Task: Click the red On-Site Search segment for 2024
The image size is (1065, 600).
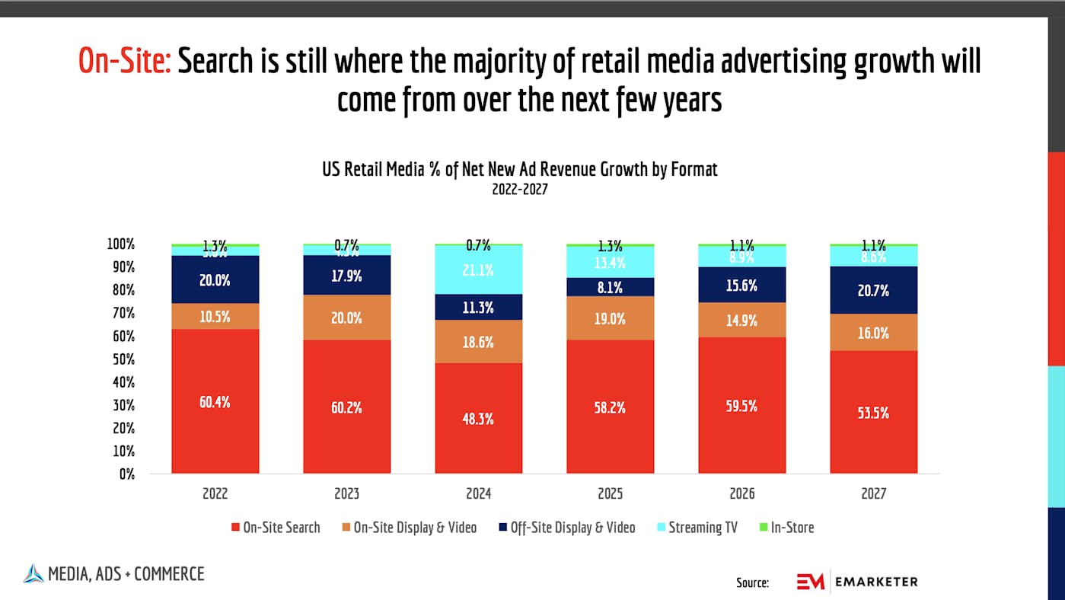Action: (478, 418)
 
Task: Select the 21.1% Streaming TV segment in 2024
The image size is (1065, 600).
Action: (478, 270)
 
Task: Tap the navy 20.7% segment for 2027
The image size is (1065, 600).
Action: (873, 290)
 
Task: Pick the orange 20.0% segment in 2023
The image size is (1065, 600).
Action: (346, 318)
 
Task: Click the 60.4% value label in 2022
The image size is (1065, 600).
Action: (215, 402)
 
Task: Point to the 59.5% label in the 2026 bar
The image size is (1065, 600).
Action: (741, 406)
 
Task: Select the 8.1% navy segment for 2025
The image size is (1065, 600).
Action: (610, 287)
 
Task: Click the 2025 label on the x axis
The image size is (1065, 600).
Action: (610, 493)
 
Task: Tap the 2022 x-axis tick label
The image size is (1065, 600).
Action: (215, 493)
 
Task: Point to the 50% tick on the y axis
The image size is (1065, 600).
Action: (123, 359)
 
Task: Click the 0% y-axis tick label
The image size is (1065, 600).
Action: (126, 474)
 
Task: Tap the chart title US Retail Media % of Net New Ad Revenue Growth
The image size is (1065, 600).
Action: (520, 169)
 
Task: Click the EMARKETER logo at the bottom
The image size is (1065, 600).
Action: (857, 582)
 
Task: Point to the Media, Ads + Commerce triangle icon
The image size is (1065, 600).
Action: (33, 573)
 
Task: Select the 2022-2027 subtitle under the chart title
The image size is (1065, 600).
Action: (520, 190)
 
